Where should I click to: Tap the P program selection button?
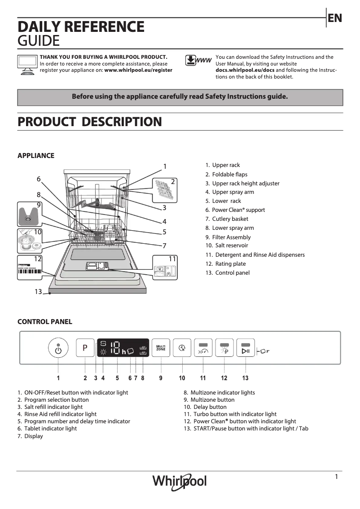pos(85,348)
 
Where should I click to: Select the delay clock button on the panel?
pos(182,348)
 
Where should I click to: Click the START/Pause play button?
pos(246,348)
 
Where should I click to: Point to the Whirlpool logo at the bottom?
pos(180,481)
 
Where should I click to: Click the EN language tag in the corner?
pos(335,18)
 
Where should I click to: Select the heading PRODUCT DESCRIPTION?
pos(89,122)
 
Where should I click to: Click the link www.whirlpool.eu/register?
pos(138,70)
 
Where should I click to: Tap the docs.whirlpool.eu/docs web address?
pos(245,70)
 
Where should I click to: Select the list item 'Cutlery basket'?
pos(230,219)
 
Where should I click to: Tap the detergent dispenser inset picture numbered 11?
pos(164,268)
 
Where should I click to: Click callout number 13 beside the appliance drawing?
pos(38,292)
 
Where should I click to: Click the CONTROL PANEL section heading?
pos(44,322)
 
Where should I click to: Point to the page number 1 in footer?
pos(336,477)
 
